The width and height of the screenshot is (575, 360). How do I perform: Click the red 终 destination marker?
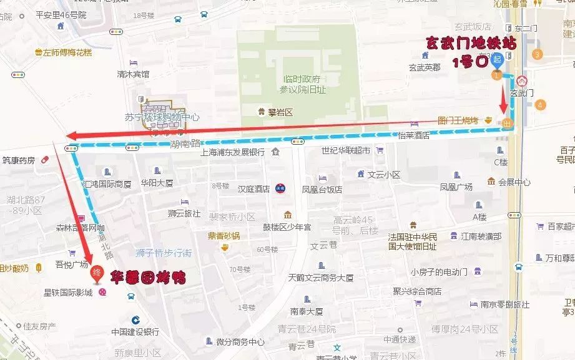click(x=97, y=273)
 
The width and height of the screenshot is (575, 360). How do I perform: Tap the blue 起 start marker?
click(x=497, y=60)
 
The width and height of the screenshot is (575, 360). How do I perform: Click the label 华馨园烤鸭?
click(x=148, y=276)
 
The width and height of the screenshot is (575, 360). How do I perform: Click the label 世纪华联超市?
click(x=346, y=150)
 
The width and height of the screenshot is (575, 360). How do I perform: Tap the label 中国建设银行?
click(x=135, y=331)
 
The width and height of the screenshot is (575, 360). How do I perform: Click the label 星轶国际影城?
click(x=68, y=292)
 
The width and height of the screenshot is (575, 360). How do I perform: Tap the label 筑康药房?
click(x=19, y=160)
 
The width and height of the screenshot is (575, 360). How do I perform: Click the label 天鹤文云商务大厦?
click(x=321, y=277)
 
